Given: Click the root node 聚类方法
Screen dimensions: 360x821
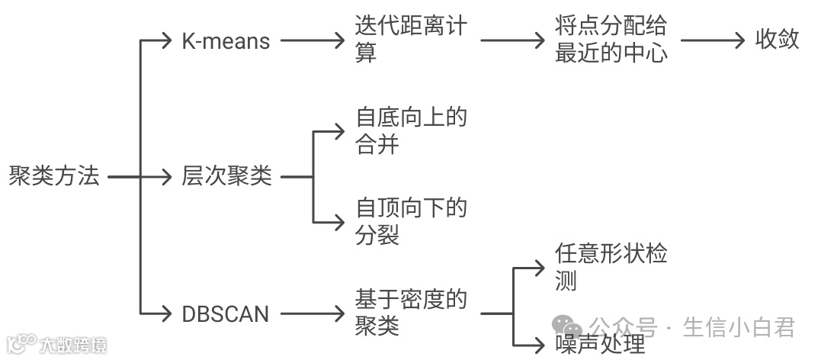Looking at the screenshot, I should click(53, 176).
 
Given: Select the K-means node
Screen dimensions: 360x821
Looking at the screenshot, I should click(226, 40).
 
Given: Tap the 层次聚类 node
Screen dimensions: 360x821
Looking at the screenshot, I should click(226, 176).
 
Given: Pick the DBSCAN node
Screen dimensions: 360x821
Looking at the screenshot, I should click(225, 313).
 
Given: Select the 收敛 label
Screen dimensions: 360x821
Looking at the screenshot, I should click(777, 40).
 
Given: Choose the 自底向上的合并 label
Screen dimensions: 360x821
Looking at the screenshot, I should click(410, 130).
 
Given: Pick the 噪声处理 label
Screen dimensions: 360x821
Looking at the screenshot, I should click(601, 344).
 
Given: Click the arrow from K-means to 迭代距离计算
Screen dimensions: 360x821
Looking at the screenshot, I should click(313, 40).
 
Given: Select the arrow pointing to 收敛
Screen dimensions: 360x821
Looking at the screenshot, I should click(712, 40).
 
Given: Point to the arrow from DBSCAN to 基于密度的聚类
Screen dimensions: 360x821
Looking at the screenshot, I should click(313, 313).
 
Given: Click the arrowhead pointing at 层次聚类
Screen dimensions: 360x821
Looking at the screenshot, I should click(167, 177).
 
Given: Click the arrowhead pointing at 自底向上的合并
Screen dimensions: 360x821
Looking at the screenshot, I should click(339, 131).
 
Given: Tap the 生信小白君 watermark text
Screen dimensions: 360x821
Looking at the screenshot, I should click(739, 327).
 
